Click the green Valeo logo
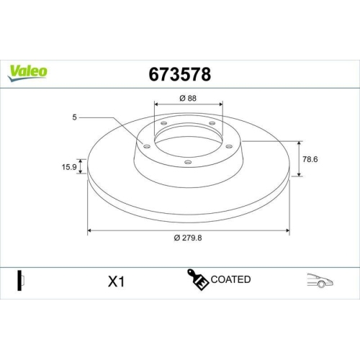coord(29,71)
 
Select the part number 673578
coord(179,73)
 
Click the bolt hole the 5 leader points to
coord(147,146)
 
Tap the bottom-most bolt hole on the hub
coord(188,162)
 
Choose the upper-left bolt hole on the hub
coord(163,124)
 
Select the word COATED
coord(231,279)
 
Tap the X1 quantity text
coord(116,281)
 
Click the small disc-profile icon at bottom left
coord(19,280)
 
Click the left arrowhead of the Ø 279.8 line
coord(90,231)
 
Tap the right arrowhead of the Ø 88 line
coord(220,105)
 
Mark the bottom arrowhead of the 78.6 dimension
coord(299,174)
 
